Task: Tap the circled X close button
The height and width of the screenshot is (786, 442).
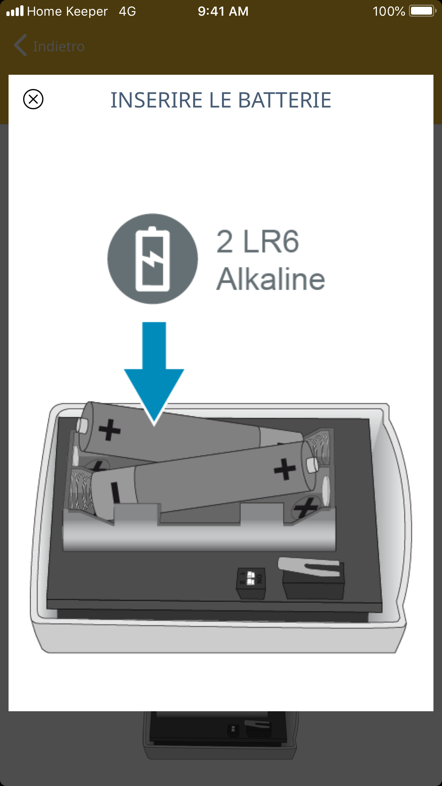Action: click(33, 99)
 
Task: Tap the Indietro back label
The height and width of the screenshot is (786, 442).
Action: click(59, 46)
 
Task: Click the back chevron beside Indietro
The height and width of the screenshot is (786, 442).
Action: click(20, 45)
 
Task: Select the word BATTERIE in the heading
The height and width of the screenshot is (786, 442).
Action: click(284, 100)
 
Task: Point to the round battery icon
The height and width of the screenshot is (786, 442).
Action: click(153, 259)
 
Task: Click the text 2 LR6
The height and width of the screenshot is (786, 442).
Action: click(258, 242)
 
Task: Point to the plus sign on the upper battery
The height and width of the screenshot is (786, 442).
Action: click(110, 430)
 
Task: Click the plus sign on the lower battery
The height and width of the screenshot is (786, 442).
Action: click(285, 469)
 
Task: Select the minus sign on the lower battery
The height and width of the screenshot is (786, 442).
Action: click(115, 492)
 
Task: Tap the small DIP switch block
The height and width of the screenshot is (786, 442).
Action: click(251, 583)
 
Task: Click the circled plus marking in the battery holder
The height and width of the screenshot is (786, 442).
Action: click(305, 508)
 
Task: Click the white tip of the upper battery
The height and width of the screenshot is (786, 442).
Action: click(82, 425)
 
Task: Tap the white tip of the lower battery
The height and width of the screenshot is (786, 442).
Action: click(312, 465)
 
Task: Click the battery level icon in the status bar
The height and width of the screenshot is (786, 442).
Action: click(422, 11)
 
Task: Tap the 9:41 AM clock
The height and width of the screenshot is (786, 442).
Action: click(223, 11)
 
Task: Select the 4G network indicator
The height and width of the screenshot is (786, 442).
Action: click(127, 11)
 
